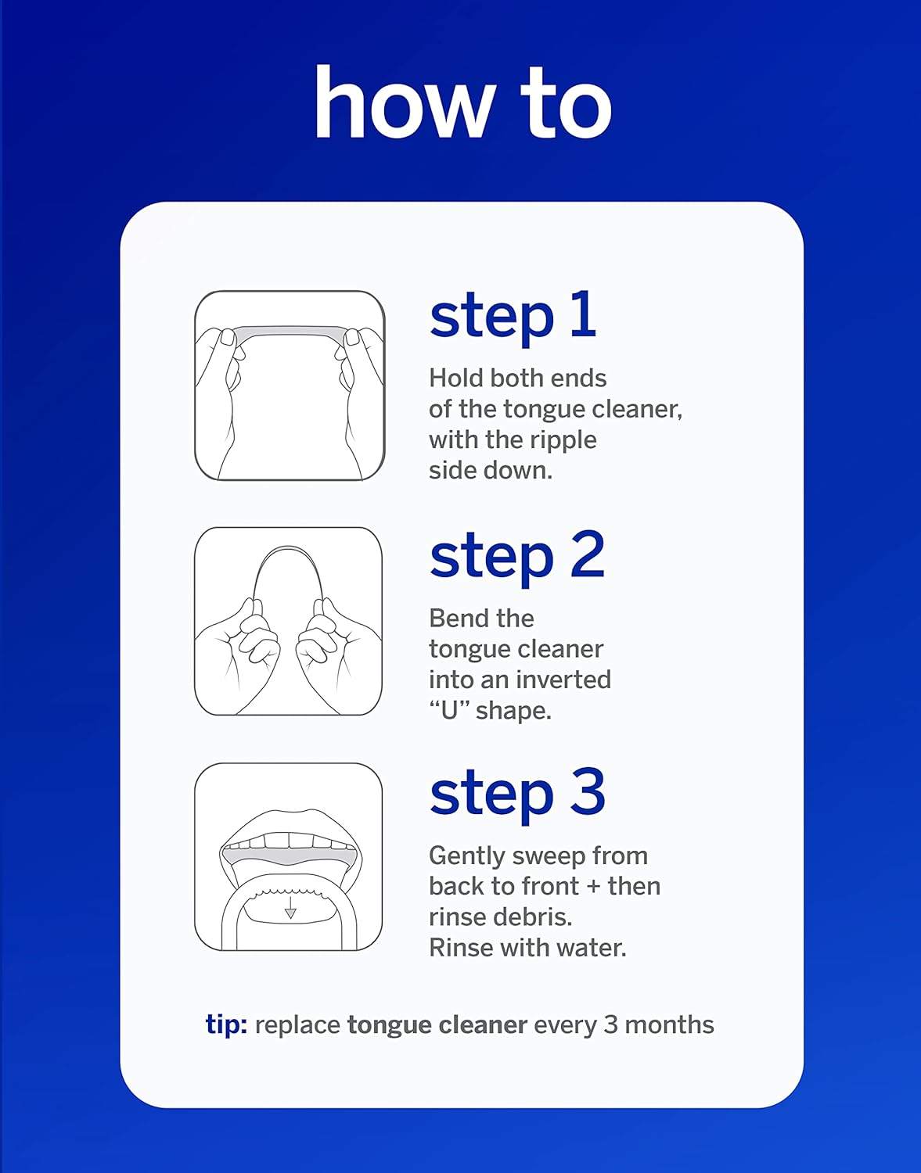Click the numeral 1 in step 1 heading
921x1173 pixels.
pos(583,314)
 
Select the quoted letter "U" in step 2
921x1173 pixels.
pos(449,710)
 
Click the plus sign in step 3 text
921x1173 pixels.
pos(593,886)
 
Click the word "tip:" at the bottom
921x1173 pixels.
pos(226,1024)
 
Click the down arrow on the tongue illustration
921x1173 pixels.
pos(290,909)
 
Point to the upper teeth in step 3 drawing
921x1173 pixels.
pos(290,841)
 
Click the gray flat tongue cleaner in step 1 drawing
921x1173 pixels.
pos(289,332)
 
